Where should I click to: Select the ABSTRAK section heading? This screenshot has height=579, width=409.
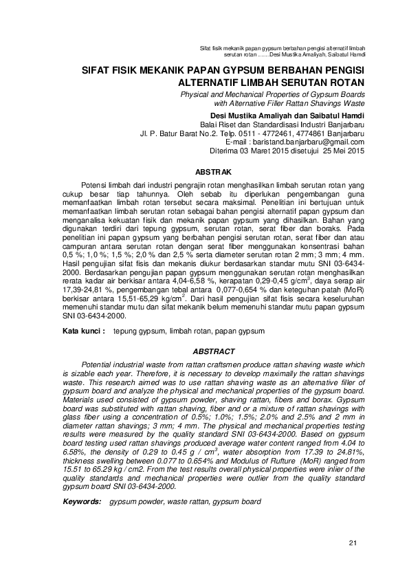tap(214, 171)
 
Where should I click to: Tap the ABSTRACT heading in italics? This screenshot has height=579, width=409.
tap(214, 351)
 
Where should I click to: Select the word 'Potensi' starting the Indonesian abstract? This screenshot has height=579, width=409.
tap(96, 186)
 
